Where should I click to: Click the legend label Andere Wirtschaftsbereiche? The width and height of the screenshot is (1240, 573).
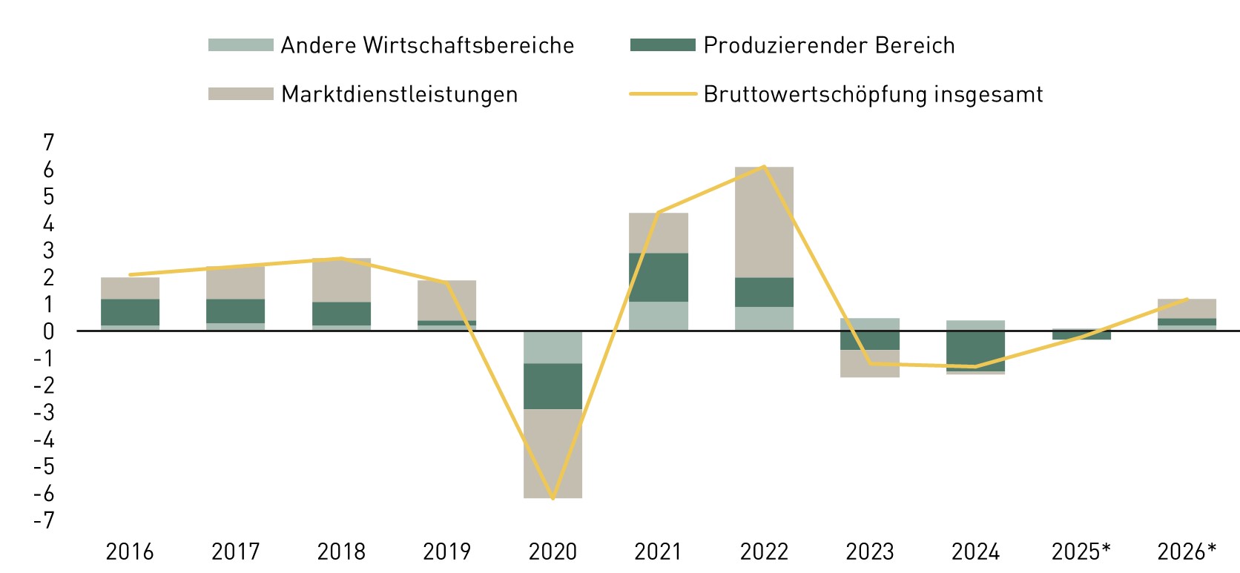(427, 46)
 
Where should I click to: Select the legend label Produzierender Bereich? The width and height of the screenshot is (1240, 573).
(829, 46)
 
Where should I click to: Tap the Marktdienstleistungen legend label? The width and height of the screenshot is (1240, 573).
(399, 95)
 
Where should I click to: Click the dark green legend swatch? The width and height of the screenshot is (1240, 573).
(662, 45)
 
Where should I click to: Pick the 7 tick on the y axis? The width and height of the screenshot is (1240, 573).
(48, 142)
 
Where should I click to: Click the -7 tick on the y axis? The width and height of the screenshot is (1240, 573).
(44, 520)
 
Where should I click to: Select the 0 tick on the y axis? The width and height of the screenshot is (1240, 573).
(48, 331)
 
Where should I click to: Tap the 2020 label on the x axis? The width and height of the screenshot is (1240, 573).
(553, 552)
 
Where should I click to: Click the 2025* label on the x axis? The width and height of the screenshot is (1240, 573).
(1081, 552)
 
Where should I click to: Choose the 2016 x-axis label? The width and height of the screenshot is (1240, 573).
(130, 552)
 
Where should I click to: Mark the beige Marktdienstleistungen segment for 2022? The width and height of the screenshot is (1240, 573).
(764, 222)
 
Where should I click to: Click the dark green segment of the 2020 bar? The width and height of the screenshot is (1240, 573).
(553, 386)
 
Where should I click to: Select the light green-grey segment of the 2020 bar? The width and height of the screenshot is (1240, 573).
(553, 347)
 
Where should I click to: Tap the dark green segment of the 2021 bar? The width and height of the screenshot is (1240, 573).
(659, 277)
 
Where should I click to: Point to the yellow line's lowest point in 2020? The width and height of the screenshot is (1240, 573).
(553, 498)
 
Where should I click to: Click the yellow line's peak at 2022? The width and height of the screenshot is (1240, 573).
(764, 166)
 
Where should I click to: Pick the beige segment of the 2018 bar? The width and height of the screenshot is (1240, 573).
(341, 280)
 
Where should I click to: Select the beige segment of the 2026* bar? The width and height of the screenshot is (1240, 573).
(1187, 308)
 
